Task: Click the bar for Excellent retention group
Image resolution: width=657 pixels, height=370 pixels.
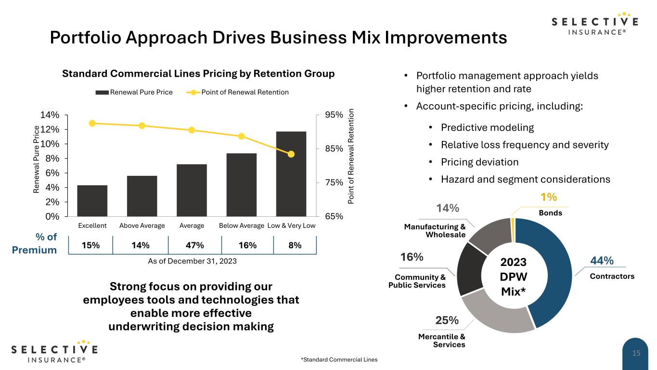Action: (92, 200)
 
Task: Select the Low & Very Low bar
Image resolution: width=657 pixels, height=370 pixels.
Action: (291, 174)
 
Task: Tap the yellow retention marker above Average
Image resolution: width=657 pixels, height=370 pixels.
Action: (192, 130)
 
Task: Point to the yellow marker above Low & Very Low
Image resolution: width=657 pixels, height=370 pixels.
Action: (291, 154)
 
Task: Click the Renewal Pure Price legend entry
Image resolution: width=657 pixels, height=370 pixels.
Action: (134, 92)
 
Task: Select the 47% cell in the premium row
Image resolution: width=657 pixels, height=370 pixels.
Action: (194, 245)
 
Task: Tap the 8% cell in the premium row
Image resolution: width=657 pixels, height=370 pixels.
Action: (295, 245)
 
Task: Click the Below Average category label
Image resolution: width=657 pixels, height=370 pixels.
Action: (241, 226)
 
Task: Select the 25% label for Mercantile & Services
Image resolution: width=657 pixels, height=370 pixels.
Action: (447, 320)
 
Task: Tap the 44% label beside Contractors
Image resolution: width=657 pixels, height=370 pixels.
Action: (601, 261)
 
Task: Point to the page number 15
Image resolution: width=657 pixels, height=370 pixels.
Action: (636, 354)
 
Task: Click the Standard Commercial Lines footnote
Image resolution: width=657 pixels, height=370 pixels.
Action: (339, 359)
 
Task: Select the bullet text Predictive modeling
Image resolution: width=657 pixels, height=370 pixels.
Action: (488, 128)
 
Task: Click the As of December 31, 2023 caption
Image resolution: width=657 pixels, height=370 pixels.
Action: (192, 261)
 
